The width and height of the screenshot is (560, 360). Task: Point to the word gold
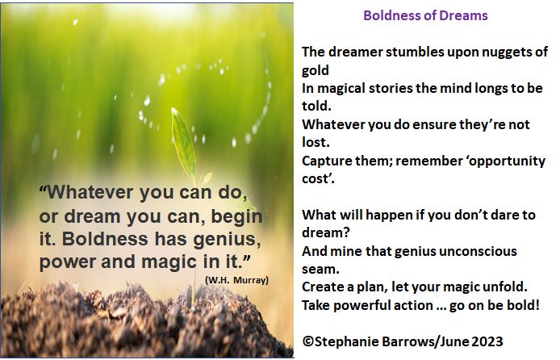click(316, 69)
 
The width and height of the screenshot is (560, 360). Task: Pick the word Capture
click(328, 160)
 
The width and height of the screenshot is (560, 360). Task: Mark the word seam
click(320, 269)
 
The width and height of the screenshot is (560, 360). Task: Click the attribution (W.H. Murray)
click(236, 279)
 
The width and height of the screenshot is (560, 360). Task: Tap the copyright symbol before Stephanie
click(307, 341)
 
